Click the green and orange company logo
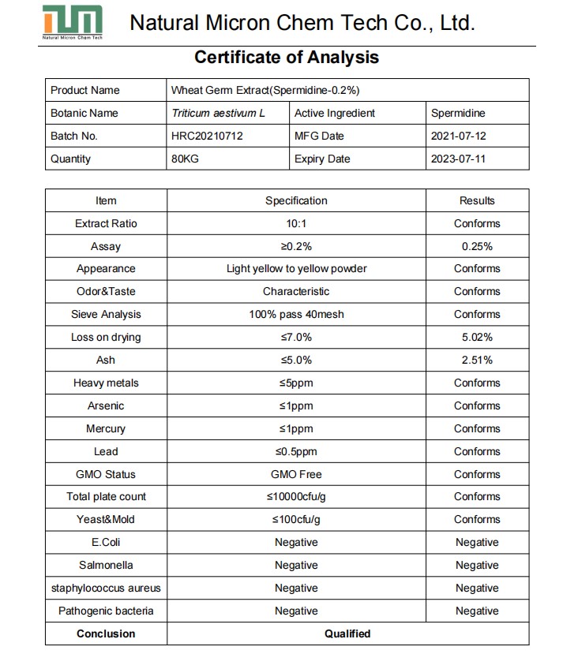pyautogui.click(x=73, y=21)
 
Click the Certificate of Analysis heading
pyautogui.click(x=287, y=57)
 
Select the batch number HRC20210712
pyautogui.click(x=207, y=136)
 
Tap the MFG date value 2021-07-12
pyautogui.click(x=458, y=136)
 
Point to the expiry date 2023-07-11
pyautogui.click(x=458, y=159)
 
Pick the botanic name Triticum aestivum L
pyautogui.click(x=218, y=113)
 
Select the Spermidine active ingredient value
pyautogui.click(x=458, y=113)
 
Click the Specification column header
pyautogui.click(x=296, y=200)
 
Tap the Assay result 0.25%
pyautogui.click(x=477, y=246)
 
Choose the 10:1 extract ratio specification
pyautogui.click(x=296, y=223)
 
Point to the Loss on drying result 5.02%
pyautogui.click(x=477, y=337)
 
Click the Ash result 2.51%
pyautogui.click(x=477, y=360)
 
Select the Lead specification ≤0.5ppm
pyautogui.click(x=296, y=451)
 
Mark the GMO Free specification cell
pyautogui.click(x=296, y=474)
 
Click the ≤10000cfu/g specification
pyautogui.click(x=296, y=496)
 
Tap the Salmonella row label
pyautogui.click(x=106, y=565)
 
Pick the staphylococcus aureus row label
pyautogui.click(x=106, y=588)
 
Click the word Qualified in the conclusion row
pyautogui.click(x=347, y=633)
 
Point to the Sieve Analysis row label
pyautogui.click(x=106, y=314)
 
